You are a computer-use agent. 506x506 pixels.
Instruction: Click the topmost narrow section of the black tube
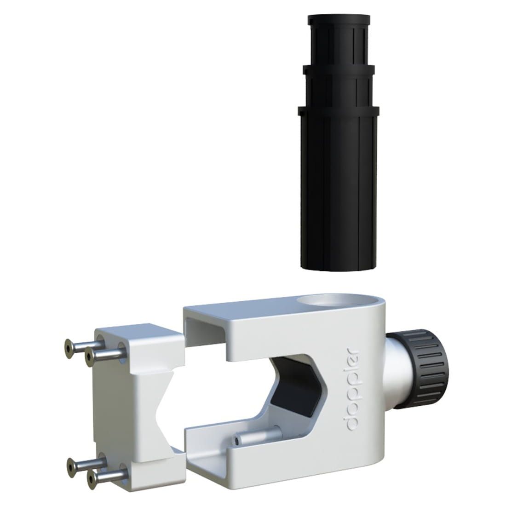pos(339,40)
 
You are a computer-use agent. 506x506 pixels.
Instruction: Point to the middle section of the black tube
pos(339,86)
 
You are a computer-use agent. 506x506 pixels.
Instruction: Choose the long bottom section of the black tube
pos(339,188)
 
